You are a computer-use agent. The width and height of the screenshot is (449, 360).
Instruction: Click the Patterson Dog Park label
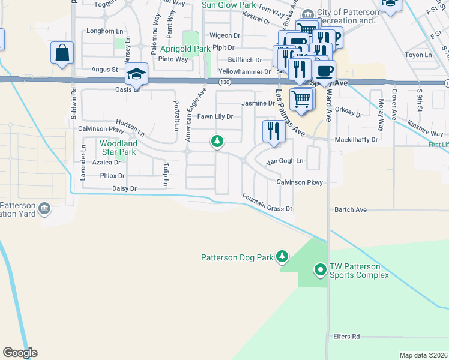(237, 257)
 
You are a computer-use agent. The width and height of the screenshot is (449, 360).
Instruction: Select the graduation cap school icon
(136, 74)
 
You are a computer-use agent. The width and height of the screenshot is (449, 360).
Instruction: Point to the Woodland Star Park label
(118, 148)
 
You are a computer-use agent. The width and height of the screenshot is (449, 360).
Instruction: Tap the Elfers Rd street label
(347, 337)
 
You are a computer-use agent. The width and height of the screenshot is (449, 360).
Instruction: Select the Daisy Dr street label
(125, 188)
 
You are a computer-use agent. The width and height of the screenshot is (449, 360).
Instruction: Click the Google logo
(20, 353)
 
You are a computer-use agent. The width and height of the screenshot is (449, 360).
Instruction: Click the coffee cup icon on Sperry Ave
(324, 70)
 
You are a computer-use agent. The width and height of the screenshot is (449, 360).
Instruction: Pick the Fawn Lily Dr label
(215, 116)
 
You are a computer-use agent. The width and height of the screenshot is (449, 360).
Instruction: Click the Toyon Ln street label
(418, 55)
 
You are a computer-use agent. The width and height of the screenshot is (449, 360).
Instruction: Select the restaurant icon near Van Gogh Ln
(274, 131)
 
